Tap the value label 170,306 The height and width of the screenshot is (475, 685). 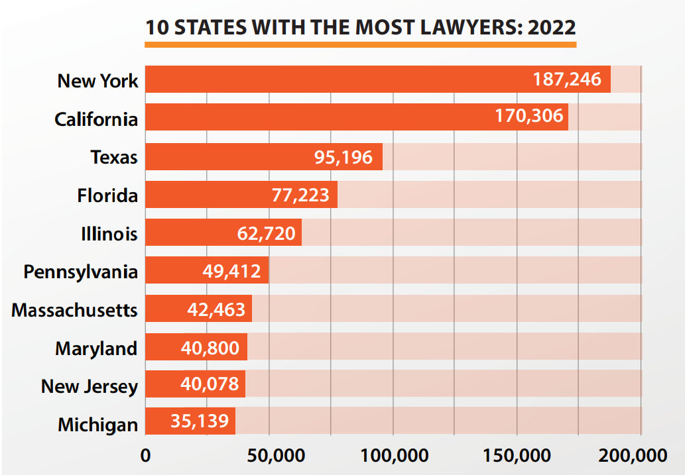529,117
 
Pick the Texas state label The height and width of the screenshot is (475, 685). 114,157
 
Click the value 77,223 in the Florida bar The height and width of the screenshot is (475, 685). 300,195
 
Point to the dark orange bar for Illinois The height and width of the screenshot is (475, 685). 192,233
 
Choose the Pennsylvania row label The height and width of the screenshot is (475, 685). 81,272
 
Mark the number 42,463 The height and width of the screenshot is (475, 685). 214,310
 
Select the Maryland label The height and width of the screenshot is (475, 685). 97,348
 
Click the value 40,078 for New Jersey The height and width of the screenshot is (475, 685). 208,385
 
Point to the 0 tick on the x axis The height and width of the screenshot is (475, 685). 145,456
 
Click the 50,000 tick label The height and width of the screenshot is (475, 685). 269,456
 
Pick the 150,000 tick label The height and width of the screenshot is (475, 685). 517,456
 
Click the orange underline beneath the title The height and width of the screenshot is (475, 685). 360,44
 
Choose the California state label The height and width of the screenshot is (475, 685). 96,119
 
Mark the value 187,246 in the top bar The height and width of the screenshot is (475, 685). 567,80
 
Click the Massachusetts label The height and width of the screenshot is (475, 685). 74,310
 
